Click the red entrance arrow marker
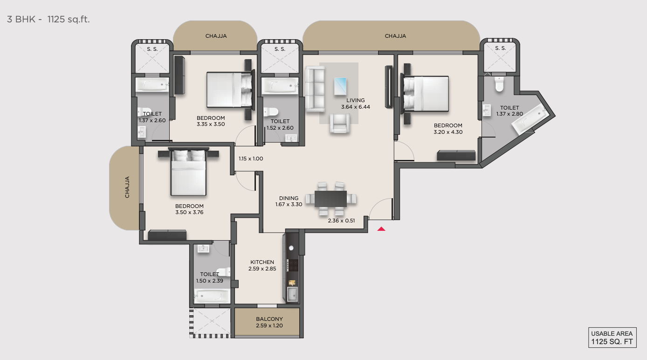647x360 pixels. pyautogui.click(x=381, y=228)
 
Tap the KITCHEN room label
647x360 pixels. pyautogui.click(x=262, y=262)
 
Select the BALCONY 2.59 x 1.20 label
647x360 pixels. pyautogui.click(x=269, y=322)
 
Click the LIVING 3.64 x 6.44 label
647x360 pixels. pyautogui.click(x=355, y=104)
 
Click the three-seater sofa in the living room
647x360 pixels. pyautogui.click(x=315, y=89)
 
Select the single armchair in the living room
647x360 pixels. pyautogui.click(x=339, y=124)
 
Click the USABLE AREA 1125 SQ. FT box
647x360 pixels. pyautogui.click(x=612, y=338)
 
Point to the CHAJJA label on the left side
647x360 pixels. pyautogui.click(x=127, y=187)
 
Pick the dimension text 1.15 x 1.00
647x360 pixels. pyautogui.click(x=251, y=159)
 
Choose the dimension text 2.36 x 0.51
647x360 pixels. pyautogui.click(x=341, y=221)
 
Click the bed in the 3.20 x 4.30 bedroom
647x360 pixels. pyautogui.click(x=427, y=95)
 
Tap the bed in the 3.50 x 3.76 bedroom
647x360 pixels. pyautogui.click(x=188, y=173)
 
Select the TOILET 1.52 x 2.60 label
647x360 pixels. pyautogui.click(x=280, y=125)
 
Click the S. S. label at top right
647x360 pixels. pyautogui.click(x=500, y=48)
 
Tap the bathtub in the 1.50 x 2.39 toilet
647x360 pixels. pyautogui.click(x=212, y=296)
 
